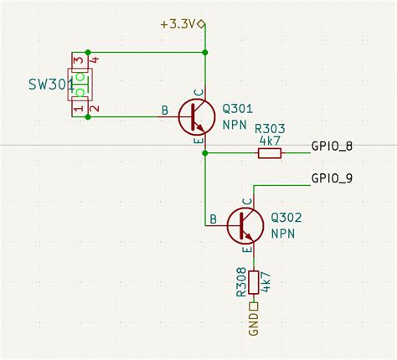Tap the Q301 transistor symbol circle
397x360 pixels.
[x=198, y=117]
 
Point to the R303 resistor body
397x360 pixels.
[x=270, y=153]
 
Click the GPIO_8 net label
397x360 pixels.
[x=332, y=147]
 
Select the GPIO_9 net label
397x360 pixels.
[x=332, y=177]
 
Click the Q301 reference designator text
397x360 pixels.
[x=237, y=108]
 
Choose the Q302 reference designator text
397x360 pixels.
[x=286, y=217]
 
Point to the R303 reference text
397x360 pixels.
[x=270, y=129]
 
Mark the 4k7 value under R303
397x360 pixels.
[x=270, y=141]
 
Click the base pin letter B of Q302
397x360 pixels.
[x=214, y=219]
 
